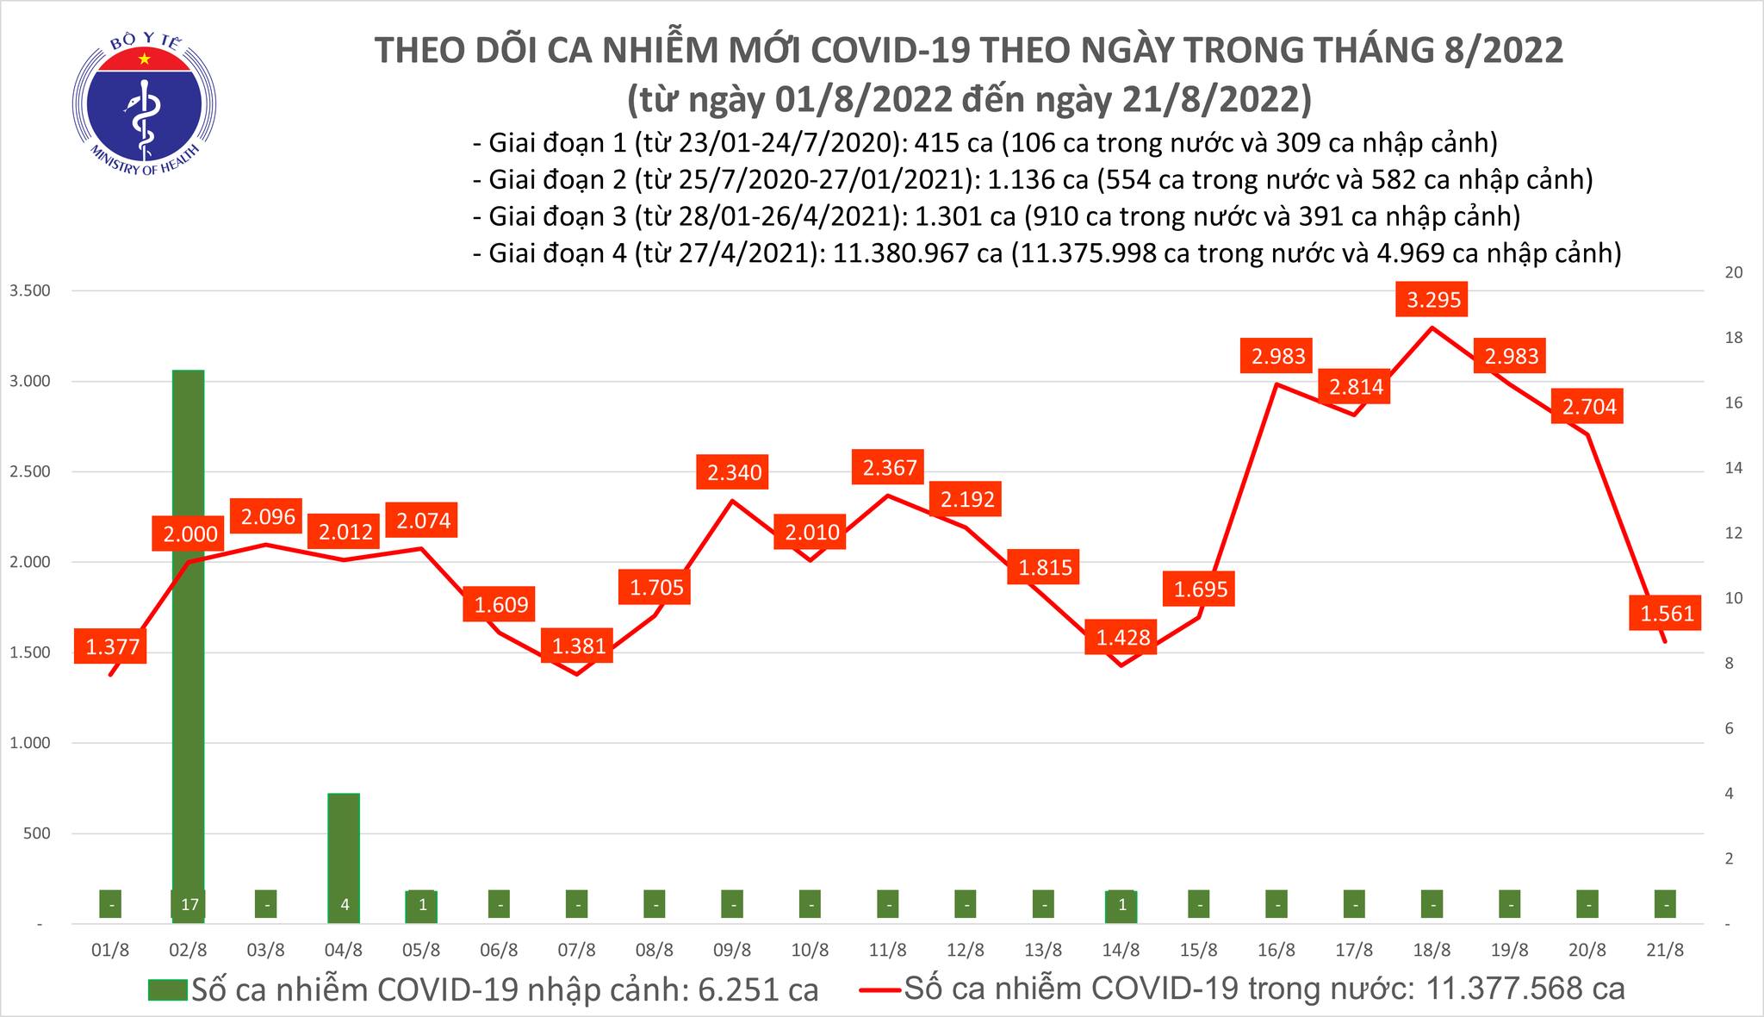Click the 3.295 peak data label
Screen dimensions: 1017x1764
1433,301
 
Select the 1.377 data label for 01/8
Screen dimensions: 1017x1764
112,646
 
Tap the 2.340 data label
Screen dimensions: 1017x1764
734,472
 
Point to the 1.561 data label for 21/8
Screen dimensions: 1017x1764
1667,614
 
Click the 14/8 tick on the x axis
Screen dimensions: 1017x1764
1121,951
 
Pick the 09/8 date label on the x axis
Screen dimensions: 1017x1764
732,951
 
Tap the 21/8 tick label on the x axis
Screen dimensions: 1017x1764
1665,951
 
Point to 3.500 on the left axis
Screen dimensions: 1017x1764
29,290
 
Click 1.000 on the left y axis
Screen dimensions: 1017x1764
29,743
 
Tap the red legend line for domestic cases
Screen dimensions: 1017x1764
880,989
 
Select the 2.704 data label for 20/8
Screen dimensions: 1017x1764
1589,407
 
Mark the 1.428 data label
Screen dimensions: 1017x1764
1123,638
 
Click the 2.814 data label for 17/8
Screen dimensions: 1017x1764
1356,387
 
